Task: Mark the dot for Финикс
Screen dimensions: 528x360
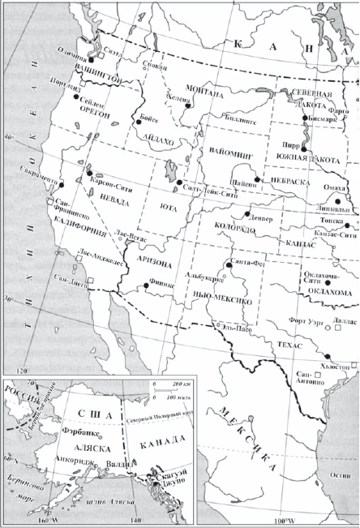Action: (147, 285)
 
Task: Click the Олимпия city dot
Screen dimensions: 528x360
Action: (92, 60)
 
